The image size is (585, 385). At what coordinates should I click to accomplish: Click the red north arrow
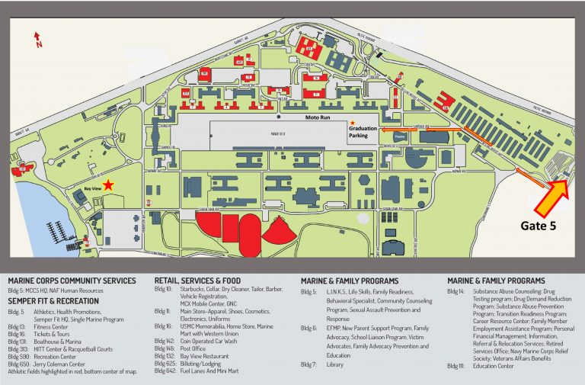point(37,40)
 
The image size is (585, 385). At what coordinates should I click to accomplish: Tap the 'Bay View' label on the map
point(92,185)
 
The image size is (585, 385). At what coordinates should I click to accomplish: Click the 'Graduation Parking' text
point(363,132)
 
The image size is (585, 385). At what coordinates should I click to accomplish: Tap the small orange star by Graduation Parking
point(353,123)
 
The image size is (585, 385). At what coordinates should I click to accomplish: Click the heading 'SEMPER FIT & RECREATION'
point(53,300)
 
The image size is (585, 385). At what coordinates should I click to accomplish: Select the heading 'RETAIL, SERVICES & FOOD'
point(202,281)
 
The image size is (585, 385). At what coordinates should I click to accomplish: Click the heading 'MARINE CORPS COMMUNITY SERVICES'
point(72,281)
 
